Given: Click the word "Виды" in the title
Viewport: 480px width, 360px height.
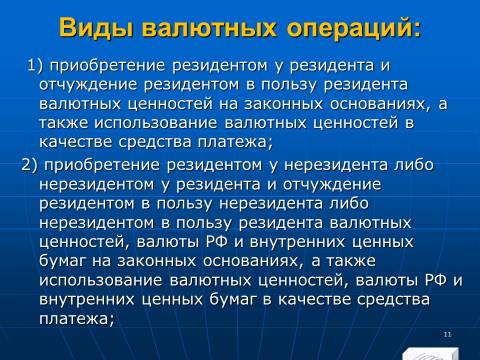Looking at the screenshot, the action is pos(98,28).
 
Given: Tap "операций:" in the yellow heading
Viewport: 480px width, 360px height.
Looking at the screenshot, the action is pos(354,28).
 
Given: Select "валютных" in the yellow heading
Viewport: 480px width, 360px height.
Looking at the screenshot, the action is pos(210,28).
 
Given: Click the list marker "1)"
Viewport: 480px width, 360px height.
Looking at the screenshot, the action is pos(35,65).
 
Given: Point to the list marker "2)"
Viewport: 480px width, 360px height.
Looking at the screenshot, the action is pos(30,165).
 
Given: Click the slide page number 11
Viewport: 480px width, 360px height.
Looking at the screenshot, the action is pos(447,334).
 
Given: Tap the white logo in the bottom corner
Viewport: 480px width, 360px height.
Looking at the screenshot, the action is pos(431,354).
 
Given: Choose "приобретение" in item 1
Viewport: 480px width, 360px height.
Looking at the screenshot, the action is pos(108,66).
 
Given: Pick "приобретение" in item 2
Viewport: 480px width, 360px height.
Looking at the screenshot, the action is pos(102,166).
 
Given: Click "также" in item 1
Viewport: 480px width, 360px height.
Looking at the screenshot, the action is pos(64,123).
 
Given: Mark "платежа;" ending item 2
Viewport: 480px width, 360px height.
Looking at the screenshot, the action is pos(77,319).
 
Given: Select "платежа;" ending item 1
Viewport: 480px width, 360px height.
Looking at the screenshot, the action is pos(235,143).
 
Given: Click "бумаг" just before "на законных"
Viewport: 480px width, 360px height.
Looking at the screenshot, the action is pos(63,261).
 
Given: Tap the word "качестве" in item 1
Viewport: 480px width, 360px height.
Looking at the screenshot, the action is pos(76,142).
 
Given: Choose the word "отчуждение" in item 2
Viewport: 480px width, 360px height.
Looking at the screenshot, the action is pos(332,185).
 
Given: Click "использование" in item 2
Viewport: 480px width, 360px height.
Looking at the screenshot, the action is pos(101,280).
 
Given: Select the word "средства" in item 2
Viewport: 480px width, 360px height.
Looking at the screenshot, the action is pos(393,300).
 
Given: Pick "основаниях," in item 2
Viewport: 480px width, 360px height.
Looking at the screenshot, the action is pos(254,261).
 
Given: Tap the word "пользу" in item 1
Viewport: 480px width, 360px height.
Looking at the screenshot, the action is pos(288,85).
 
